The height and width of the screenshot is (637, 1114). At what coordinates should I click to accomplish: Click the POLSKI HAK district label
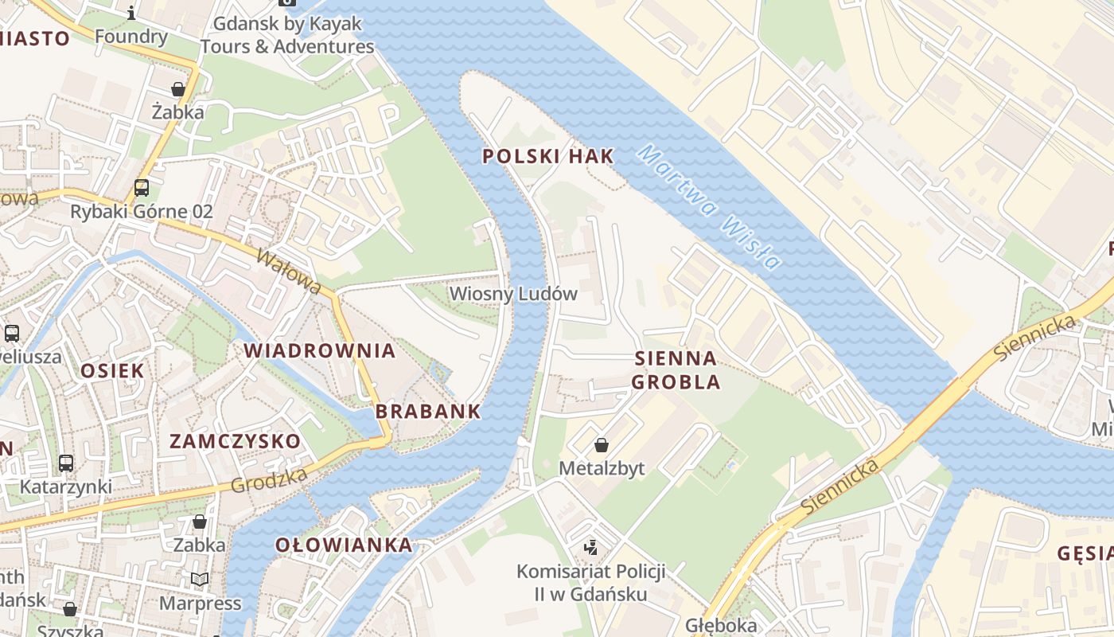(548, 156)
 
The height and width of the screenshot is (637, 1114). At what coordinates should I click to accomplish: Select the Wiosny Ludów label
(513, 294)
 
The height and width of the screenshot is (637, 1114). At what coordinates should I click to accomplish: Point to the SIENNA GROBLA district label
(676, 370)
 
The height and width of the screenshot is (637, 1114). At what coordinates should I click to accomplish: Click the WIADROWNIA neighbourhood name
(319, 350)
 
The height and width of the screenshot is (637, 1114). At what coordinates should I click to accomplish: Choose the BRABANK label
(428, 412)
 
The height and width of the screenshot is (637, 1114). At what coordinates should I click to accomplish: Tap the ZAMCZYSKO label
(236, 441)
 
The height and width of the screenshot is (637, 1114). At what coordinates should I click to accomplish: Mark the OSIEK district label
(112, 370)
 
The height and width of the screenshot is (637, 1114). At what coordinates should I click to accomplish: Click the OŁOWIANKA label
(344, 545)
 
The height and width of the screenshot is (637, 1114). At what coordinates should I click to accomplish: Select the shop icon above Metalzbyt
(602, 445)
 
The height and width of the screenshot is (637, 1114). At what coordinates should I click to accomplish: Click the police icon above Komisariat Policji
(590, 547)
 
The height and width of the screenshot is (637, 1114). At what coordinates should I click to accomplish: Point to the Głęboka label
(720, 625)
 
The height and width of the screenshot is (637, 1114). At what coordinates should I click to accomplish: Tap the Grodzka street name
(269, 480)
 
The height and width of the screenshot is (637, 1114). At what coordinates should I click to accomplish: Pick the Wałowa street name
(290, 271)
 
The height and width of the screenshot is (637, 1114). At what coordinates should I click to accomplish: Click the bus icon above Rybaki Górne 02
(142, 188)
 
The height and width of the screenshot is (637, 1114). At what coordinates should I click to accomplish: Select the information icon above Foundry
(131, 13)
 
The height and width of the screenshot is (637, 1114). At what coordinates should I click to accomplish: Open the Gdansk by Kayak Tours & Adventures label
(286, 35)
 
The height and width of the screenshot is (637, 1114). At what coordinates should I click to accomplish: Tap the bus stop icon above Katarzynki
(66, 463)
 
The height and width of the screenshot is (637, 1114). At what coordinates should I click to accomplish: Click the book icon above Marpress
(200, 579)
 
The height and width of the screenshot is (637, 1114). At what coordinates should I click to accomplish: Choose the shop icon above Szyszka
(70, 609)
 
